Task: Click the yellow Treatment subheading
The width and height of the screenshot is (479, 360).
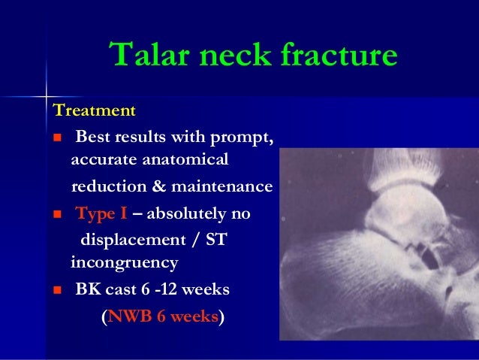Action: pos(94,111)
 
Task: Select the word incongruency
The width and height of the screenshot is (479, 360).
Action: pos(124,263)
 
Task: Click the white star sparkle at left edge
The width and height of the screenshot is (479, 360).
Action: pos(45,97)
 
